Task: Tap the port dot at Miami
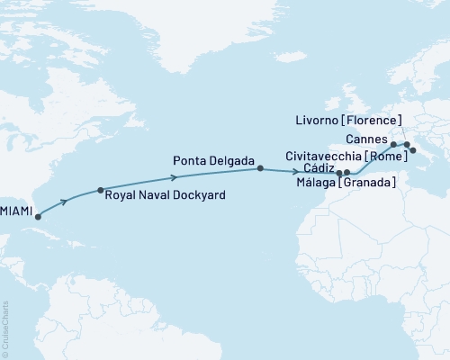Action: click(x=37, y=216)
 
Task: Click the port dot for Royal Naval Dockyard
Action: click(x=100, y=191)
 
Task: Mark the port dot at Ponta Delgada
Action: click(x=260, y=168)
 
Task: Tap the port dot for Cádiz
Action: click(x=338, y=172)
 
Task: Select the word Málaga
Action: click(x=316, y=184)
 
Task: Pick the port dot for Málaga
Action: click(x=346, y=172)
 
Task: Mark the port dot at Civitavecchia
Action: click(x=413, y=150)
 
